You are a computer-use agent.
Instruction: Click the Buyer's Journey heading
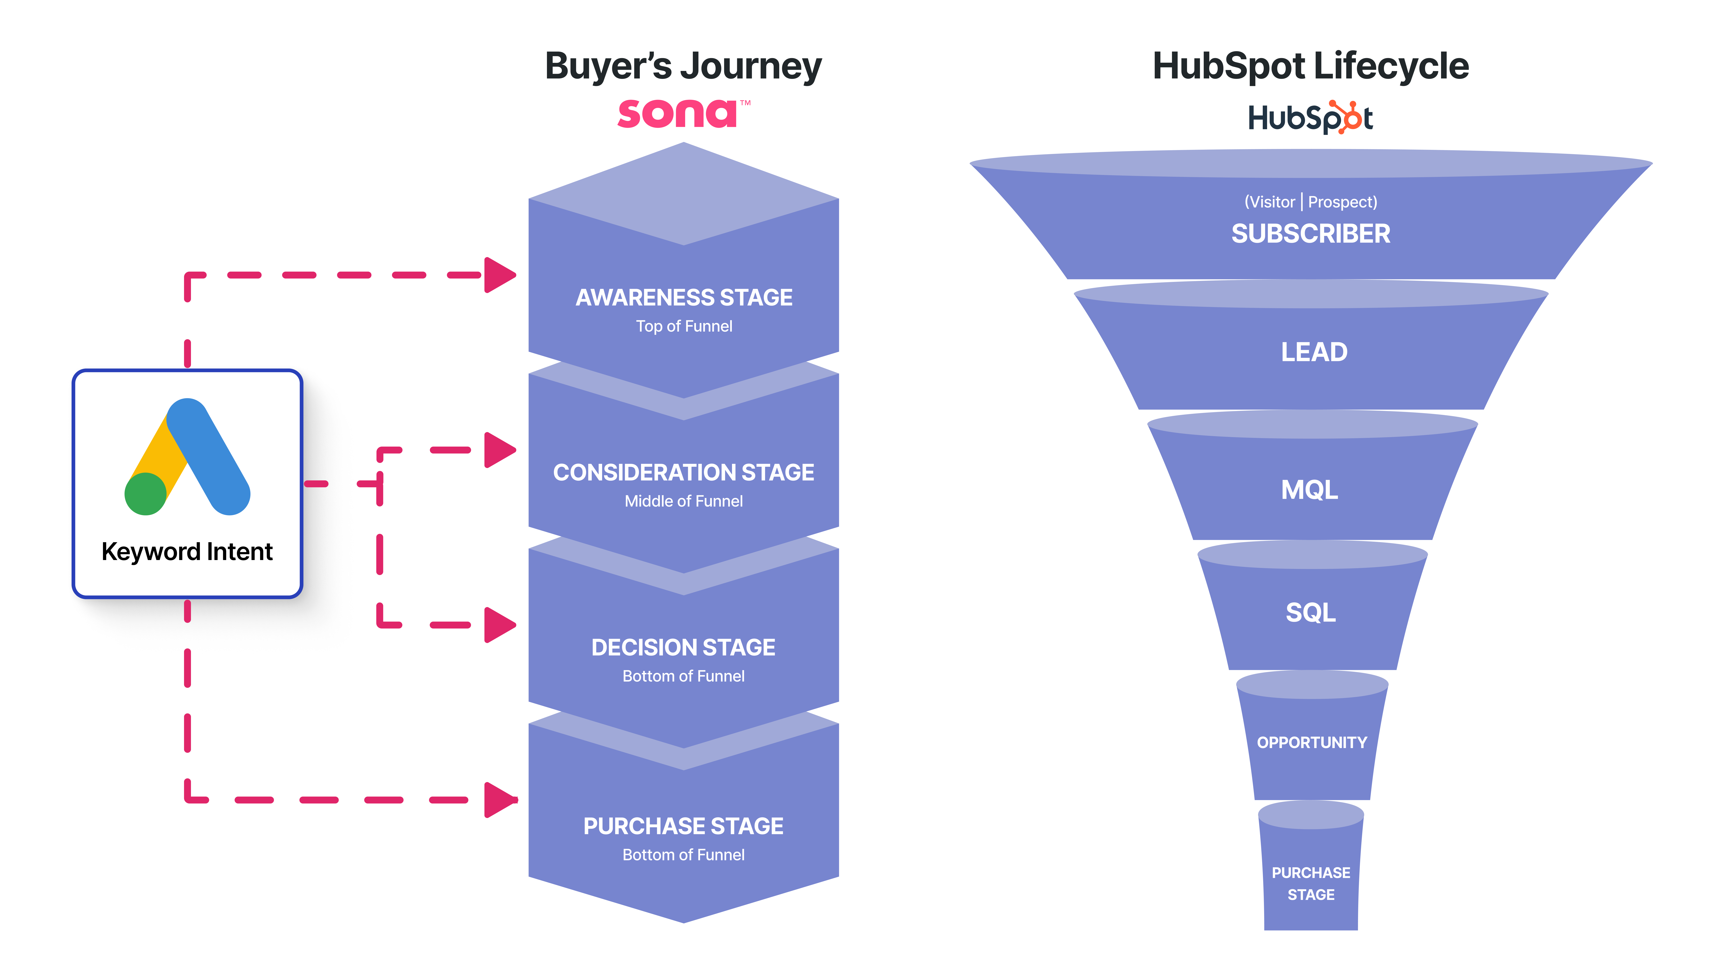[x=683, y=67]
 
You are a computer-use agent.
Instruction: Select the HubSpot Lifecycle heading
[x=1311, y=67]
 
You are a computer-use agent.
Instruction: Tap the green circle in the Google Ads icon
[x=145, y=494]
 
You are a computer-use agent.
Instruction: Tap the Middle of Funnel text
[x=684, y=501]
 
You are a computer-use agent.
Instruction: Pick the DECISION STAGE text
[x=684, y=647]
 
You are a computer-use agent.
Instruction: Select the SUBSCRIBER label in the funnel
[x=1311, y=234]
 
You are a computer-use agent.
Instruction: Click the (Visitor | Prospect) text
[x=1311, y=202]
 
